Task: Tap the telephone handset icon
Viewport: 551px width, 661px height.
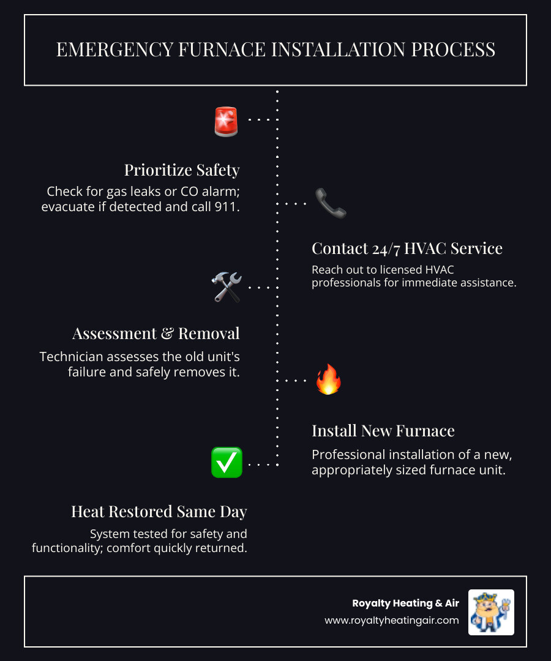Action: pos(331,203)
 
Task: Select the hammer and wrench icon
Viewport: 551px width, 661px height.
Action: pos(226,286)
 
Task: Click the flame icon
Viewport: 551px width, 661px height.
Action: pos(328,379)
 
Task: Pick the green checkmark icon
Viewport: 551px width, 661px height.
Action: pos(226,463)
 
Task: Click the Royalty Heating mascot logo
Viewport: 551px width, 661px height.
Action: pos(491,612)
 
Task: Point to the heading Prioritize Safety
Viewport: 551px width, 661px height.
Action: pos(182,170)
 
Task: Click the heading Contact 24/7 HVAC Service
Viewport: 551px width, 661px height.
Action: pos(407,248)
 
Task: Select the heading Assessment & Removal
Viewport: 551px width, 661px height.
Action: pos(156,333)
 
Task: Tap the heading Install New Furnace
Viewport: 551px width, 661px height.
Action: pos(383,431)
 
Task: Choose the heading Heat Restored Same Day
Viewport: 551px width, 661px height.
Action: pos(159,511)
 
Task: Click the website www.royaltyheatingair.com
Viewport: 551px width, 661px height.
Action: pos(392,621)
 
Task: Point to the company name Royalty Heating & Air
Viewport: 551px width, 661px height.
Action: pos(405,603)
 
